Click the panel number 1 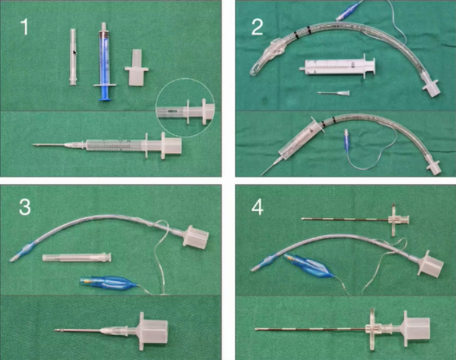pos(25,27)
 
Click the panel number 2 pos(257,27)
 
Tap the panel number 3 pos(25,207)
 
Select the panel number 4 pos(258,207)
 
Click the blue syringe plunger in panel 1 pos(105,92)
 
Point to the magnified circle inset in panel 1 pos(185,107)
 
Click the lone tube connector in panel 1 pos(137,67)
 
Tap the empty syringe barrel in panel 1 pos(73,57)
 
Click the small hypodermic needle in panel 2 pos(333,93)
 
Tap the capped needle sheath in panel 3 pos(76,257)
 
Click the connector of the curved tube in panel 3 pos(195,237)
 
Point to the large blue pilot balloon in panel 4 pos(308,267)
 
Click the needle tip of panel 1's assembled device pos(35,145)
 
